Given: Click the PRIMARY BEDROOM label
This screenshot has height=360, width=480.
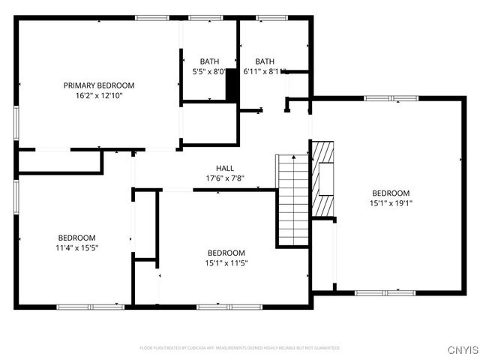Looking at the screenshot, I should tap(98, 85).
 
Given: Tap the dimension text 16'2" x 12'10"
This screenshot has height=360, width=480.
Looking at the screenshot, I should tap(98, 96).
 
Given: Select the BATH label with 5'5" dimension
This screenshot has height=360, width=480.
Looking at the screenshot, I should tap(209, 61).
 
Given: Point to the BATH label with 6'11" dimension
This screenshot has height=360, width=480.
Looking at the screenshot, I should tap(265, 61).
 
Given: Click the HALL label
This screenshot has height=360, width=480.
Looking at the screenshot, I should tap(225, 169).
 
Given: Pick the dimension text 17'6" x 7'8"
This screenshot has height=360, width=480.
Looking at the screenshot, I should tap(225, 178).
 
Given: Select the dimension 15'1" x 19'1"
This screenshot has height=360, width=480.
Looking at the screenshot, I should tap(391, 202).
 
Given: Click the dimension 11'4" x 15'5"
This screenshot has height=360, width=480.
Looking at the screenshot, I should tap(77, 247).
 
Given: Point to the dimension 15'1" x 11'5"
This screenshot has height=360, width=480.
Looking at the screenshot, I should tap(226, 263).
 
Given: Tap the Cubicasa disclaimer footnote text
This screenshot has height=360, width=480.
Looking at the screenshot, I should tap(239, 348).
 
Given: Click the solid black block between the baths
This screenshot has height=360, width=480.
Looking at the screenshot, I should tap(232, 85).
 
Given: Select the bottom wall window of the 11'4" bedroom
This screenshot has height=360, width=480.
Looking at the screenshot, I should tap(90, 306).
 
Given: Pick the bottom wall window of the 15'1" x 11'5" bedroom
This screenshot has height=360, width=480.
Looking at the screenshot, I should tap(219, 306).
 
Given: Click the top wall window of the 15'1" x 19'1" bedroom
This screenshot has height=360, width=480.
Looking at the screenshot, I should tap(391, 97).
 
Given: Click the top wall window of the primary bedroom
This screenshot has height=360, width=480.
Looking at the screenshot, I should tap(152, 17).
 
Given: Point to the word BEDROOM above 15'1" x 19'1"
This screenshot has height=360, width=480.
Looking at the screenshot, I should tap(391, 193).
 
